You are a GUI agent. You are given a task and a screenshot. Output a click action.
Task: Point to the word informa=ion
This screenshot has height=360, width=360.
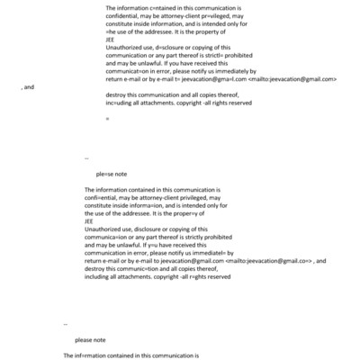(154, 207)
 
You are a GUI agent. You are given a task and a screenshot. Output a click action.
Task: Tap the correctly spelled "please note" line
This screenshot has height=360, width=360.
(90, 339)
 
